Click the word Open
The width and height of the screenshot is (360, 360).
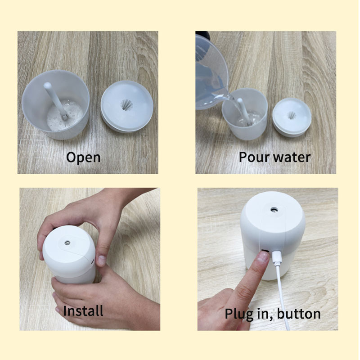83,158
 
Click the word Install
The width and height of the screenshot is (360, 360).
83,311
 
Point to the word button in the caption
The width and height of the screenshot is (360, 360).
299,313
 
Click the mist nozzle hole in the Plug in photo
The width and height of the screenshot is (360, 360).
274,209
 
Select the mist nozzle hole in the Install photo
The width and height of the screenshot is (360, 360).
67,243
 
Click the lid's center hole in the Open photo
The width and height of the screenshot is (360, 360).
126,105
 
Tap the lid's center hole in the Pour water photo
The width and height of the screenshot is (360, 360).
292,115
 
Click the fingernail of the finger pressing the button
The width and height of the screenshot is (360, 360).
263,257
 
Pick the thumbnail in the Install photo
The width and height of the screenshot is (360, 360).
101,260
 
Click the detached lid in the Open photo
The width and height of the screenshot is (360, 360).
127,107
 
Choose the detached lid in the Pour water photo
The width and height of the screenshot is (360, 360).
292,117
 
